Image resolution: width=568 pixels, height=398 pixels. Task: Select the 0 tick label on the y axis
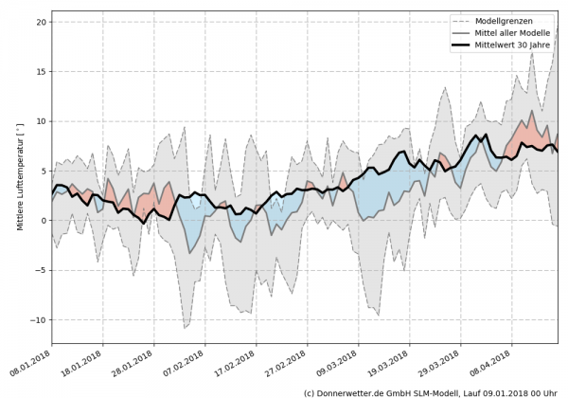pos(44,221)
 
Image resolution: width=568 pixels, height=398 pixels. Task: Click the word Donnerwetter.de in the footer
pos(355,391)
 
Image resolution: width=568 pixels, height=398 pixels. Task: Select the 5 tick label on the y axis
pos(44,172)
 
